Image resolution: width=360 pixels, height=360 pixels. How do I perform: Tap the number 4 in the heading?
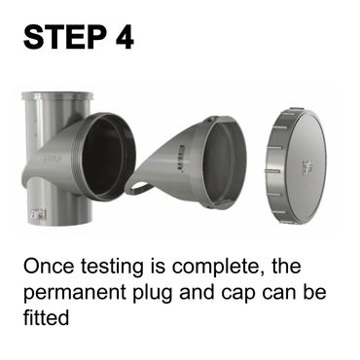coord(125,37)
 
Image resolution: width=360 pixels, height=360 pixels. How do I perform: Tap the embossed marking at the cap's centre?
coord(306,165)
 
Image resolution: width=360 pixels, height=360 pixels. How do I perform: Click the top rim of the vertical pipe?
coord(57,95)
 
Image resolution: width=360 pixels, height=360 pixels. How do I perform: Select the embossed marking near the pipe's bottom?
coord(39,214)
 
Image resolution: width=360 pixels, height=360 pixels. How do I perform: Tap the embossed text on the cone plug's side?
coord(181,158)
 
